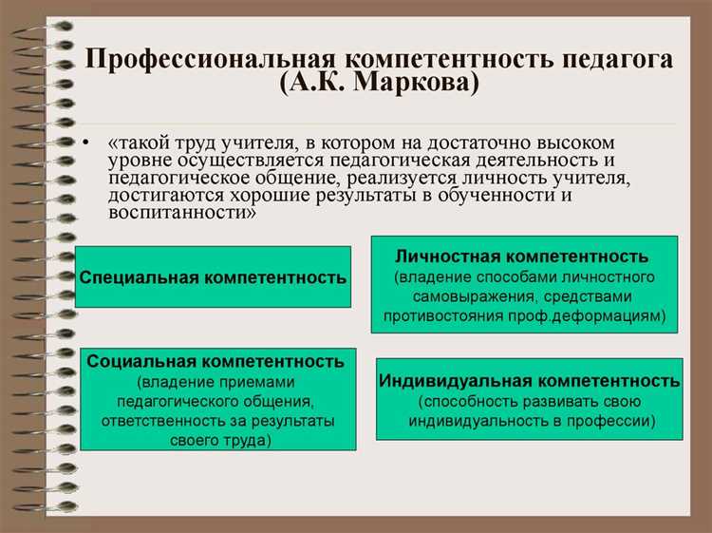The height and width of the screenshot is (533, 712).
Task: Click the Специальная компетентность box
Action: coord(214,277)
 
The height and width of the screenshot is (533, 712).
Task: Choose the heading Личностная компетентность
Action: coord(522,257)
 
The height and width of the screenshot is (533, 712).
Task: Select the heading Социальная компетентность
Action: coord(215,361)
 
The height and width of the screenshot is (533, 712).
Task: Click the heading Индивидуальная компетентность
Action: coord(529,381)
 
